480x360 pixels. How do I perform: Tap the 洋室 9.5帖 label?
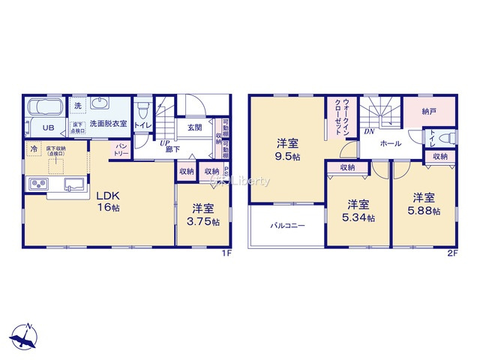pos(286,148)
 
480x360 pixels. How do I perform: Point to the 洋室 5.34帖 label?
pos(358,211)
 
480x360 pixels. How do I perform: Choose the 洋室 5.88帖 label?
pos(424,204)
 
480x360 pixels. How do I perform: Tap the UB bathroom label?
pos(47,127)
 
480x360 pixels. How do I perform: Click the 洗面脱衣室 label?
pos(108,123)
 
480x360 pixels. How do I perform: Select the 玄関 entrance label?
pos(194,127)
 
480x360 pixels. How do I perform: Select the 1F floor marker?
pos(226,253)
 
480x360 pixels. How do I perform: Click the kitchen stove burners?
pos(38,184)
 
